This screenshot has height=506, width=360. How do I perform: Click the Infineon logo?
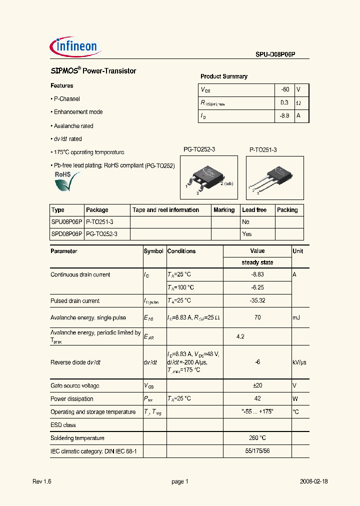click(x=76, y=47)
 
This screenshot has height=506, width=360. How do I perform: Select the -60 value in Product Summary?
click(x=284, y=89)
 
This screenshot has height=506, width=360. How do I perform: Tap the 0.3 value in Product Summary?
click(x=284, y=102)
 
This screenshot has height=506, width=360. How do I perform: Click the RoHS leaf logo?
click(x=66, y=182)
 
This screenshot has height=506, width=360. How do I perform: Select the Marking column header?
click(x=224, y=210)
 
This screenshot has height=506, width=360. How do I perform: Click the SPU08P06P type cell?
click(x=66, y=222)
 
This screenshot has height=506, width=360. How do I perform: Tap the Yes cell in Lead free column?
click(x=246, y=234)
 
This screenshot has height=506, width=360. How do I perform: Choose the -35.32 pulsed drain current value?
click(x=257, y=301)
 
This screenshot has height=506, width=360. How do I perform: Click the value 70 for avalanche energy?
click(x=257, y=317)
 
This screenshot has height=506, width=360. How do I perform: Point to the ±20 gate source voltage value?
click(x=257, y=386)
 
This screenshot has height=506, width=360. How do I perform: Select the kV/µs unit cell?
click(x=300, y=362)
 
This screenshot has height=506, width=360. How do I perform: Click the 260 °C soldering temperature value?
click(x=257, y=438)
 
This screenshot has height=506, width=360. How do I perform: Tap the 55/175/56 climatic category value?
click(x=257, y=451)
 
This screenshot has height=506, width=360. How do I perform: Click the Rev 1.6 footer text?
click(x=42, y=481)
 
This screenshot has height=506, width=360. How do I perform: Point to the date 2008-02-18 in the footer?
click(x=313, y=481)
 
